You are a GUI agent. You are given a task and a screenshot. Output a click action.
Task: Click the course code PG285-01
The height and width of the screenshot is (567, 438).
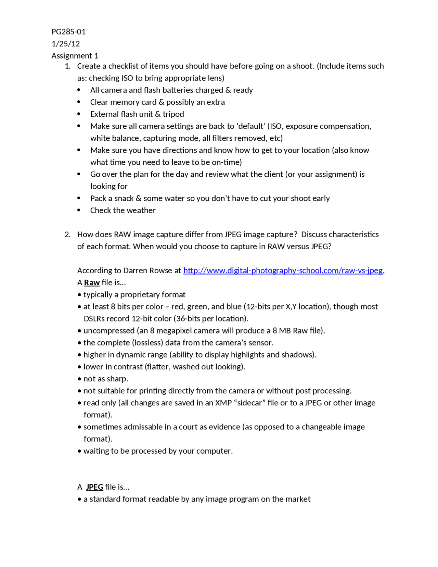click(x=68, y=32)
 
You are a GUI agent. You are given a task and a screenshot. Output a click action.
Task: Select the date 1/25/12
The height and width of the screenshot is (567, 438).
click(x=66, y=44)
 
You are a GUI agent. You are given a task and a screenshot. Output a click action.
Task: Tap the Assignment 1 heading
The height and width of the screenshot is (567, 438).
click(x=75, y=56)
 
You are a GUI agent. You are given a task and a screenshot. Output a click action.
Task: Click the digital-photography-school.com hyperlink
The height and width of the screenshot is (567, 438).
click(x=283, y=270)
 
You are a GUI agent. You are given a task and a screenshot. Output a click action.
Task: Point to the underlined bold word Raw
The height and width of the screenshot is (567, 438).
click(x=92, y=283)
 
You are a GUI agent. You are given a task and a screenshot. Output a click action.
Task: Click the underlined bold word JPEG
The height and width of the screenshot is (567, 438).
click(x=94, y=487)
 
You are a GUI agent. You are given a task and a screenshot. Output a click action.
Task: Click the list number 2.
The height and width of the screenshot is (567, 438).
click(x=67, y=235)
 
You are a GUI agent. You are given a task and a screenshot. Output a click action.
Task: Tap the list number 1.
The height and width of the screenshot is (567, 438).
click(x=67, y=66)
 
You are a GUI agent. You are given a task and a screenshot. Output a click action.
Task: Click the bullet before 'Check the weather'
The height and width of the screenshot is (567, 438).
click(x=79, y=210)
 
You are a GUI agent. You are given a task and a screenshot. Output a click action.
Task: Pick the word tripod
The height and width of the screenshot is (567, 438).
click(x=173, y=114)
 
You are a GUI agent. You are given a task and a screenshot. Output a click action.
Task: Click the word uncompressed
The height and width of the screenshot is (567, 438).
click(x=109, y=331)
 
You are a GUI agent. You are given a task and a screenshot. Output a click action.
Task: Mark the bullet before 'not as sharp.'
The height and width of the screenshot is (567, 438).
click(x=79, y=379)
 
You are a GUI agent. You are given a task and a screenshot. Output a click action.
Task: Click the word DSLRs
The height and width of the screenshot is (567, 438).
click(x=94, y=319)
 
